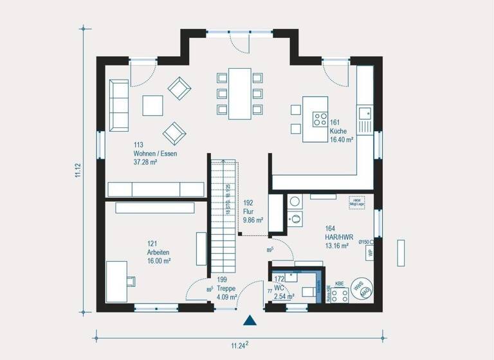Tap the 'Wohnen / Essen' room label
pos(155,154)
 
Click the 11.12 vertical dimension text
pos(78,170)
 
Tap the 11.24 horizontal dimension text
pos(239,345)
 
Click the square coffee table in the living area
pos(153,105)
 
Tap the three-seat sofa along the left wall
pos(118,104)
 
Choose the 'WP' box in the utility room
pos(371,253)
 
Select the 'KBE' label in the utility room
pos(340,283)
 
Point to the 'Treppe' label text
pos(226,288)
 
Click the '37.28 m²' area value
pos(145,163)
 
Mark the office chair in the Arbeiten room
pos(132,280)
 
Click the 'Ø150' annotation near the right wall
pos(365,242)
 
